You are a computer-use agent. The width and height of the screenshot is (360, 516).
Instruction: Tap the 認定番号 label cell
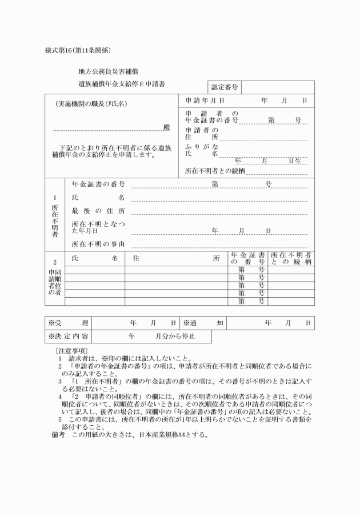(225, 88)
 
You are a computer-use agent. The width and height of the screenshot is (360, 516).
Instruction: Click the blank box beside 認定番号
(277, 87)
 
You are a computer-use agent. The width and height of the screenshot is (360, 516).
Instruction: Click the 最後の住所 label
(98, 211)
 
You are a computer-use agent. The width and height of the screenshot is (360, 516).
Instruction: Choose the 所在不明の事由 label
(98, 243)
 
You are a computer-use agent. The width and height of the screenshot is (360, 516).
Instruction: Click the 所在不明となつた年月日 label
(98, 227)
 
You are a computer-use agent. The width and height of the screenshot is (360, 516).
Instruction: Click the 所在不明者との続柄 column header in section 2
(291, 258)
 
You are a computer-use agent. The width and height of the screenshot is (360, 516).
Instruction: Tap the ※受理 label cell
(69, 323)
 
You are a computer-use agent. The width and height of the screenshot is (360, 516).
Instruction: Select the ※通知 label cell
(203, 323)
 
